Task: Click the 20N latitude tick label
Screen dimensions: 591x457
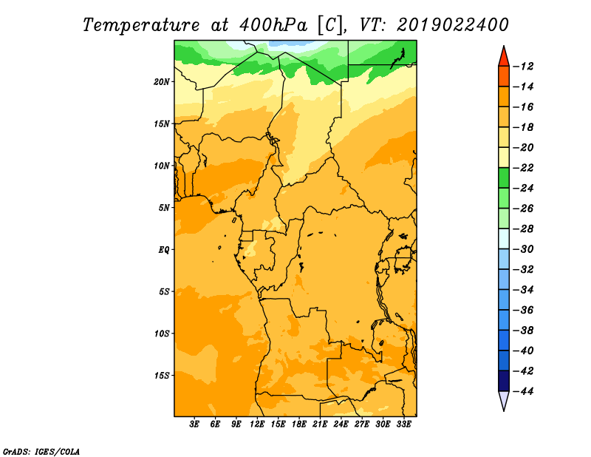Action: click(x=162, y=82)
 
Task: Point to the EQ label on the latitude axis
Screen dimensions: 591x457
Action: click(x=163, y=250)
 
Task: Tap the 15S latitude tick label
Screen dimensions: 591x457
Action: click(x=162, y=376)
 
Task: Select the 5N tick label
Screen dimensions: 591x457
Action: click(x=164, y=208)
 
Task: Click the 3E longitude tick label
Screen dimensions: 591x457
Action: click(x=194, y=424)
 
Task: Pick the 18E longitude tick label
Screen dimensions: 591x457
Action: click(x=299, y=424)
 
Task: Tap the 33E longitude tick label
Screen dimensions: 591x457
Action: click(x=403, y=424)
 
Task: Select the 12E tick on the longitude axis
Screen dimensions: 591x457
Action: click(x=257, y=424)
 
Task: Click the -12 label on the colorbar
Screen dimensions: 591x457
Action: click(x=524, y=67)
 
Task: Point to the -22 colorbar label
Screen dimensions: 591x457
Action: click(x=524, y=168)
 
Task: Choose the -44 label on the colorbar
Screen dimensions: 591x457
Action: click(x=524, y=391)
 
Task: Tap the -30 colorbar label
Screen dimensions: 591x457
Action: click(x=524, y=249)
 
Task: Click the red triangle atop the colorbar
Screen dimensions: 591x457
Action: click(x=504, y=58)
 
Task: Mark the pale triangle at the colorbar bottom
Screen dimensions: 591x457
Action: click(x=504, y=399)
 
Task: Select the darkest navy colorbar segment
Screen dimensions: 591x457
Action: click(x=504, y=381)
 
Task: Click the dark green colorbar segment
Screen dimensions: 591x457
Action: click(x=504, y=178)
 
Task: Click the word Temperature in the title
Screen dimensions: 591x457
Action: click(x=141, y=25)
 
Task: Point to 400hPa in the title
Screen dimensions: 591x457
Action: click(x=273, y=25)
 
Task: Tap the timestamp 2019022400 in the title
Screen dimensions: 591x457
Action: click(x=452, y=25)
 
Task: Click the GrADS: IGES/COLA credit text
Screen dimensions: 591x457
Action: click(x=41, y=452)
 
